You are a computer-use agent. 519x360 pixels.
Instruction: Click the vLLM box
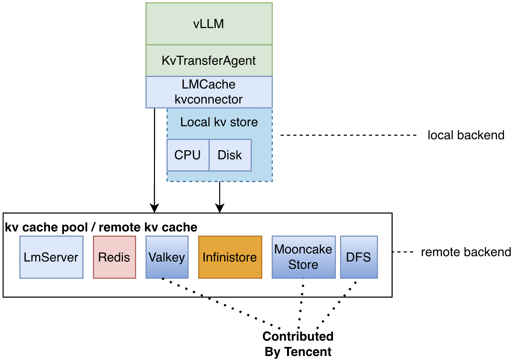(x=209, y=24)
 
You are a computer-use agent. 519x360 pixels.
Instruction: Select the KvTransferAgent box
(x=209, y=60)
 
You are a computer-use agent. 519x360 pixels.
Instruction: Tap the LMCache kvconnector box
(x=209, y=92)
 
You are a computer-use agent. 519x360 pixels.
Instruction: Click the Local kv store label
(x=219, y=122)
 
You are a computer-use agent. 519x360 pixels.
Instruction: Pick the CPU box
(x=188, y=155)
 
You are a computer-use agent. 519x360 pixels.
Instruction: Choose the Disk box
(x=230, y=155)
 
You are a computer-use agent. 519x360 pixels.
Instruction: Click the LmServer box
(x=51, y=257)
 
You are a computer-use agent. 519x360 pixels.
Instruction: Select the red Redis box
(x=114, y=257)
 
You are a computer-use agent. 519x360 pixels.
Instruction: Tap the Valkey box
(x=167, y=257)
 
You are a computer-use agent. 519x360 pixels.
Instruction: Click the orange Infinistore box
(x=230, y=257)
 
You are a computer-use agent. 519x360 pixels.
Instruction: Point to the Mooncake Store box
(x=303, y=257)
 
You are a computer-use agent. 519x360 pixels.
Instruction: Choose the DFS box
(x=359, y=257)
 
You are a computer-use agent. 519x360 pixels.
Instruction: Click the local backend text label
(x=466, y=135)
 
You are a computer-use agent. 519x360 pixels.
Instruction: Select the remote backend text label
(x=466, y=252)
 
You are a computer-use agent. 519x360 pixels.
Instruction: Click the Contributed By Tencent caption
(x=298, y=344)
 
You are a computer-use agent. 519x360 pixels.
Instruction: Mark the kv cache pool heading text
(x=101, y=227)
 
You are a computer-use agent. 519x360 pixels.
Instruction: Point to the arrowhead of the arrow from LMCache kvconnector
(x=154, y=208)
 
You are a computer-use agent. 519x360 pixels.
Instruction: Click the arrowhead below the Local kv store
(x=219, y=208)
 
